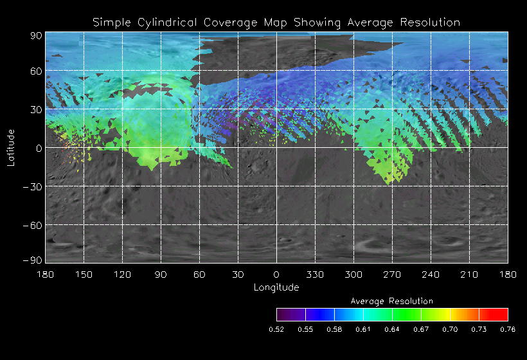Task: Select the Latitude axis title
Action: [x=11, y=147]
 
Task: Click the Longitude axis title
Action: [x=276, y=287]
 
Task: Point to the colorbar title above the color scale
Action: [x=392, y=301]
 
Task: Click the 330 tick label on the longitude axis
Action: [x=315, y=274]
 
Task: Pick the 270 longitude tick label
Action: [x=392, y=274]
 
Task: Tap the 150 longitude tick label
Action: [x=84, y=274]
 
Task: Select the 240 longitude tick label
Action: [x=431, y=274]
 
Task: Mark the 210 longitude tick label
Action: [x=469, y=274]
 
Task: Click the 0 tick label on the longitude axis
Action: [x=276, y=274]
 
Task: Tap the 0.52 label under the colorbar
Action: [x=276, y=329]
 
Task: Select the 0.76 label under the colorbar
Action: [x=508, y=329]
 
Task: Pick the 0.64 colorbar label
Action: [x=392, y=329]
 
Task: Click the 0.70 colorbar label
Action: [x=450, y=329]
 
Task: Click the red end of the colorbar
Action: [x=502, y=314]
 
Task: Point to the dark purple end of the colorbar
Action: [x=282, y=314]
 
